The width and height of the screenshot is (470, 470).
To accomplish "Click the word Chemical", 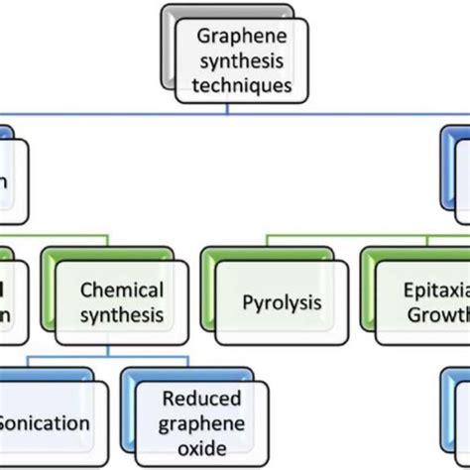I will [x=121, y=291].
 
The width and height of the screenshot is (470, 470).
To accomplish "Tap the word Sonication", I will [x=44, y=423].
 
